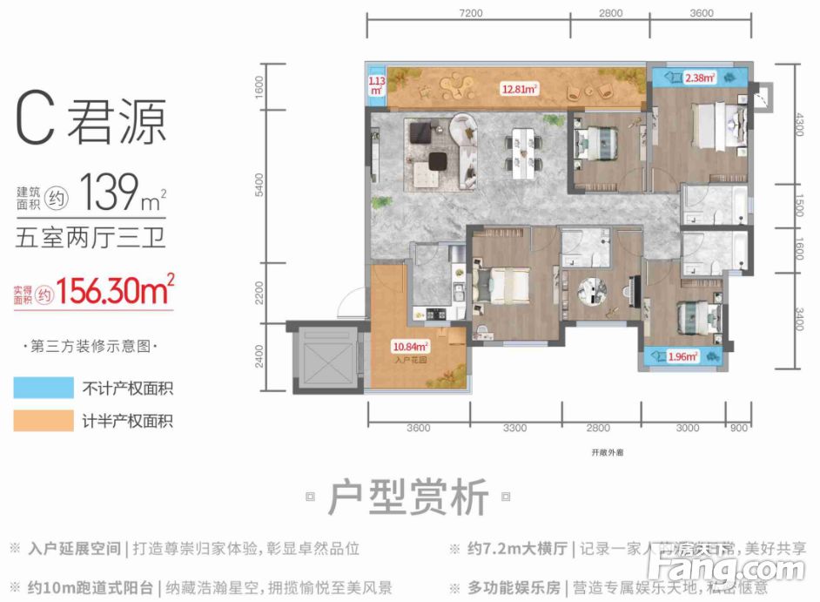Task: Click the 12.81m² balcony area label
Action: coord(519,88)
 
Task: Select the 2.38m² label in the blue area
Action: coord(700,78)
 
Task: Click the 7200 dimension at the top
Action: coord(469,14)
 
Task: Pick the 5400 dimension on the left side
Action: coord(259,185)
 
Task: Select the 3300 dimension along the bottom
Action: coord(514,428)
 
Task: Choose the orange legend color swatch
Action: coord(44,421)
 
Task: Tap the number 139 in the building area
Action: coord(106,186)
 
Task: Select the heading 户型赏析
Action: coord(408,499)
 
